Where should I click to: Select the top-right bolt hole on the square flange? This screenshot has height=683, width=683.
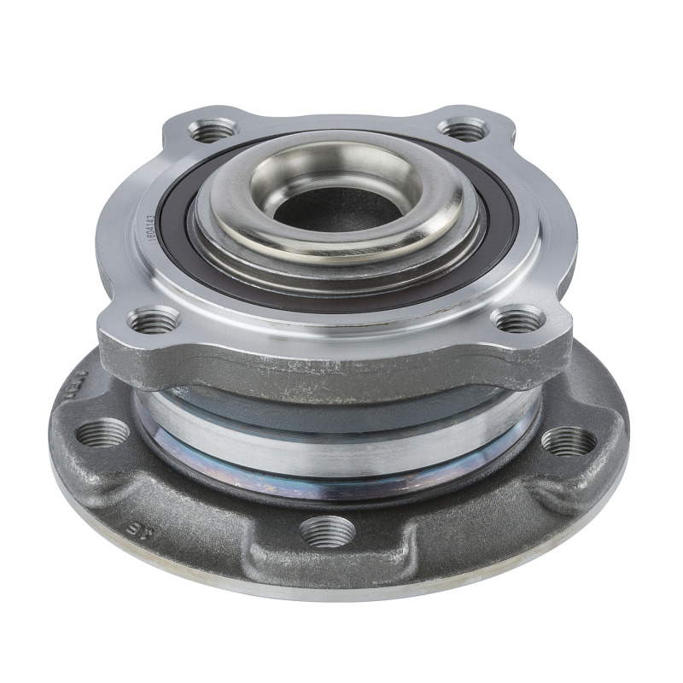464,131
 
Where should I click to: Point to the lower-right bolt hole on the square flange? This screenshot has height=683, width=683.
518,320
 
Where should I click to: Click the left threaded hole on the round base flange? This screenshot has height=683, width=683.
102,433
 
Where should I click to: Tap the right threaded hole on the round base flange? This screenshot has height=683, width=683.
569,441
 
